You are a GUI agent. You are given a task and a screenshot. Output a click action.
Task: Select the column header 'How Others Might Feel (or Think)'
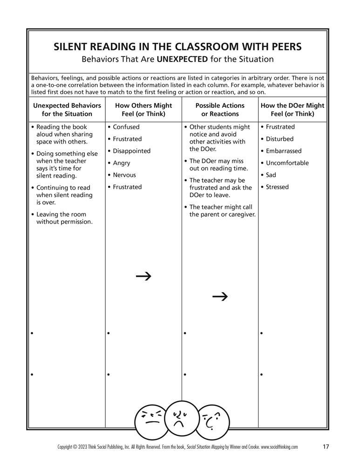[x=143, y=110]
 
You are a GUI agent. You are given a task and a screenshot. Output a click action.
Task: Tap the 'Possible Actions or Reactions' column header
[x=220, y=110]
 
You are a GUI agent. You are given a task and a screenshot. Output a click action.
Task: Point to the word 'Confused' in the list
[x=126, y=127]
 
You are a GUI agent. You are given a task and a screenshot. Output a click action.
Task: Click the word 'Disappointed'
[x=131, y=151]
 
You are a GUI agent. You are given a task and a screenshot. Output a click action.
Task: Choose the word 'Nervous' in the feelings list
[x=124, y=175]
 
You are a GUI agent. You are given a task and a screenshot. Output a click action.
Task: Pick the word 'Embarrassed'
[x=284, y=151]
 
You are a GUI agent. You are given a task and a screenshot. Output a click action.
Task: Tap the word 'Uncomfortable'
[x=287, y=163]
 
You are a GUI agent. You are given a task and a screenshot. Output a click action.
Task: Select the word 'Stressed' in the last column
[x=277, y=187]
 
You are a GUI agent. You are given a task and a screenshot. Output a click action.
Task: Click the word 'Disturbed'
[x=279, y=139]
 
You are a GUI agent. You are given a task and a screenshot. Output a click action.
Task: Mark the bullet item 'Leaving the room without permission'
[x=64, y=218]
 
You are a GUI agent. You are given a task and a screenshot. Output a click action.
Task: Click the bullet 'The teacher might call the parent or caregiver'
[x=222, y=211]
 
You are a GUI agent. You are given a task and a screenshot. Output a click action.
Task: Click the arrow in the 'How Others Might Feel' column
[x=143, y=276]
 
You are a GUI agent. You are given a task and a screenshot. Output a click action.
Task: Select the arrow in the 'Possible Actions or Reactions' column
[x=220, y=296]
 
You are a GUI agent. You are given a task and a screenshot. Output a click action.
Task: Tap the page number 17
[x=326, y=447]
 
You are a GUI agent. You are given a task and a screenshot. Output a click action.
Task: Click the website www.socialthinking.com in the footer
[x=279, y=447]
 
